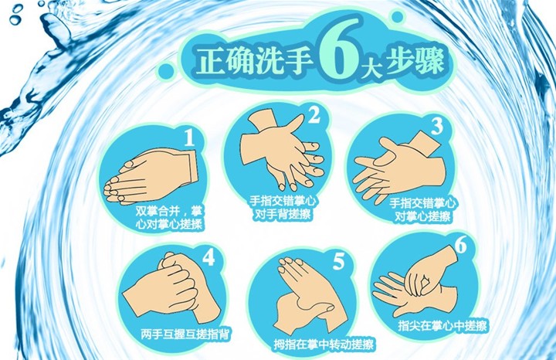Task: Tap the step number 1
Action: [x=190, y=138]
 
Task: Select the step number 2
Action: [x=314, y=114]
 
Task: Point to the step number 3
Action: [x=437, y=126]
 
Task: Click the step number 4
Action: [x=208, y=257]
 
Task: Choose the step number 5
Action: [x=339, y=261]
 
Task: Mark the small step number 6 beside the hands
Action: [x=460, y=244]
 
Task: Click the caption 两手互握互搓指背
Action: [x=185, y=334]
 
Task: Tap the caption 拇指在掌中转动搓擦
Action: [x=324, y=345]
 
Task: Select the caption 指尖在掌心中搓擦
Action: [x=442, y=325]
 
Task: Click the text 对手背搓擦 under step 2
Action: [x=283, y=214]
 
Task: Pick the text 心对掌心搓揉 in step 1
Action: [x=169, y=225]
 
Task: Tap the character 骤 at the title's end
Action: [x=430, y=61]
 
